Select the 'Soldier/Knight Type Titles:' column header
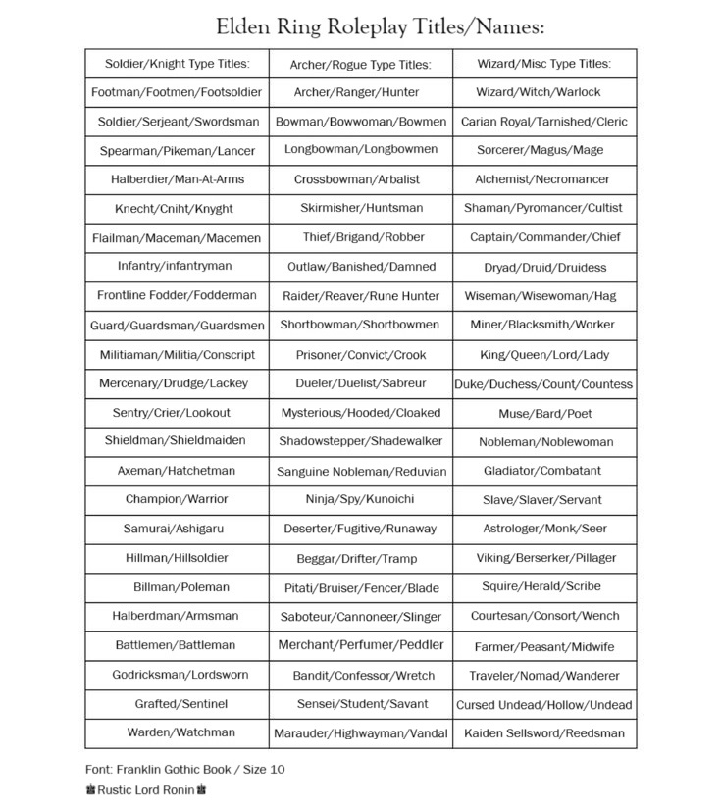[x=177, y=64]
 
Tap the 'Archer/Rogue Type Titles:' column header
[x=360, y=65]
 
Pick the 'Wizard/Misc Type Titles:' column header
[x=543, y=64]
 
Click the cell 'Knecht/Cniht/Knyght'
[x=177, y=209]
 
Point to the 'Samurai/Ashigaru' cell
[x=177, y=529]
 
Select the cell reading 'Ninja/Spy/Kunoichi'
[x=360, y=499]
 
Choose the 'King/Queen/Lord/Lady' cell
[x=543, y=355]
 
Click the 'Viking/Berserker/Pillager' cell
[x=543, y=558]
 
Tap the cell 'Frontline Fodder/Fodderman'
[x=177, y=295]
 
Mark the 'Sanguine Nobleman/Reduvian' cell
[x=360, y=471]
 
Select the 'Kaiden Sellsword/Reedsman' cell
[x=543, y=732]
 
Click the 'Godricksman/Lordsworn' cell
[x=177, y=675]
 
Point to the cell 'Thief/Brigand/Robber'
[x=360, y=237]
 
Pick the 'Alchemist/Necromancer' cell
[x=543, y=179]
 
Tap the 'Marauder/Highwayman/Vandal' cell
[x=360, y=732]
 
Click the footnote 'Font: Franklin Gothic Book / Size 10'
[x=184, y=770]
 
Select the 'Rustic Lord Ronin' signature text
[x=146, y=789]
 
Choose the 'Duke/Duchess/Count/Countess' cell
[x=543, y=384]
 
